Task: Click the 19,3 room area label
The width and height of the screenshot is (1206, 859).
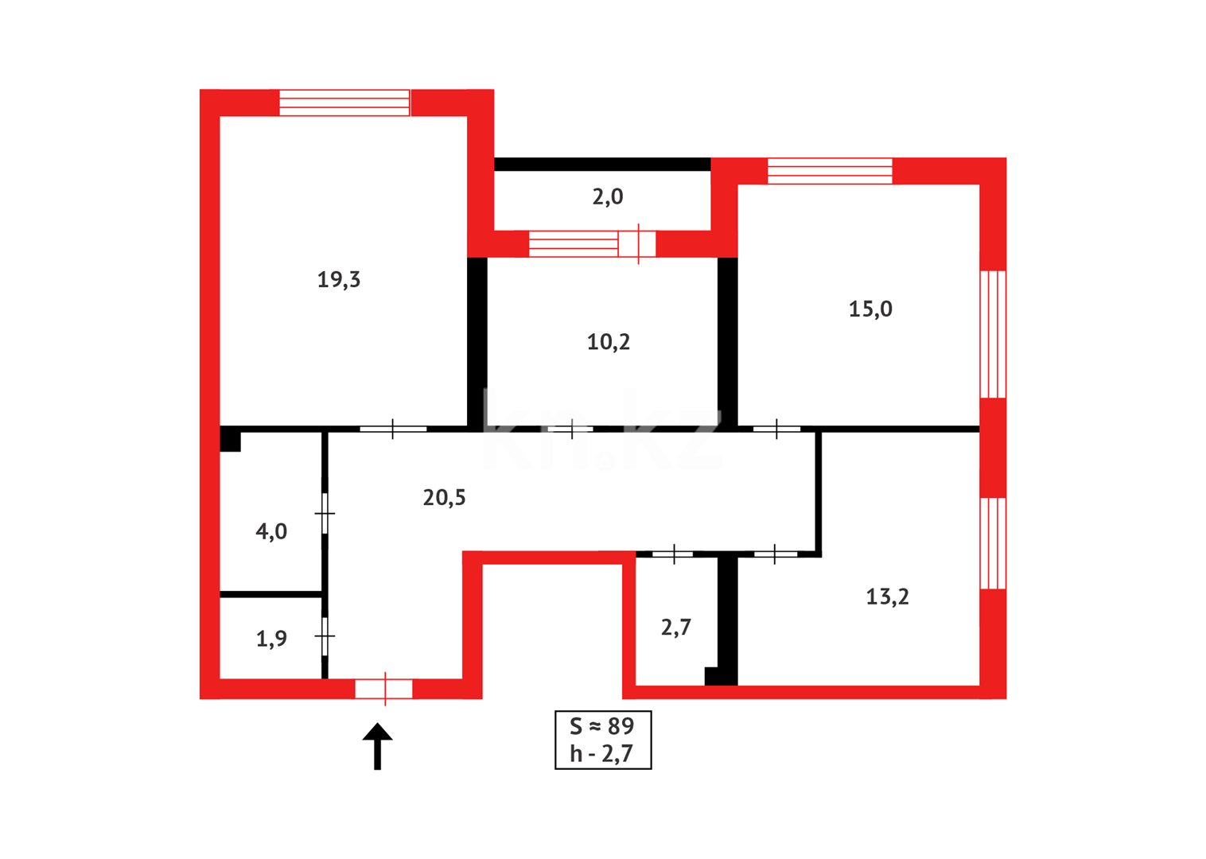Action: click(339, 280)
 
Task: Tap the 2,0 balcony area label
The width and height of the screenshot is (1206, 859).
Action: click(608, 197)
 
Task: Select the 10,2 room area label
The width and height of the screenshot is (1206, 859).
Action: click(609, 342)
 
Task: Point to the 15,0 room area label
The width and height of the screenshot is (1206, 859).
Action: click(870, 309)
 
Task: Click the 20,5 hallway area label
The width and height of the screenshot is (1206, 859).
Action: click(444, 498)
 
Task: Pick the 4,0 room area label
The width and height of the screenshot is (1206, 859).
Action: click(271, 532)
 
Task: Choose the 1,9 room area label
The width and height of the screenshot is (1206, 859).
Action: click(271, 639)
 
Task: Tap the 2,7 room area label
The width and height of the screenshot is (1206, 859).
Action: click(676, 628)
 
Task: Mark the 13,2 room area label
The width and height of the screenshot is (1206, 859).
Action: click(887, 597)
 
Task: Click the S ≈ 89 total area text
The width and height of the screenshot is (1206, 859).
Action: click(602, 726)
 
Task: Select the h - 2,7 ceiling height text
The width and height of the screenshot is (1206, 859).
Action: click(602, 754)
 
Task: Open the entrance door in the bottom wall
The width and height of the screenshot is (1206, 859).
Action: click(384, 689)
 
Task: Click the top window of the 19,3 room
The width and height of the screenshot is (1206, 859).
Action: click(344, 103)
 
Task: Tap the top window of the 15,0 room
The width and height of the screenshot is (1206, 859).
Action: click(830, 171)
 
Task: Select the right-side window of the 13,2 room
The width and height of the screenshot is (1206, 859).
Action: click(993, 543)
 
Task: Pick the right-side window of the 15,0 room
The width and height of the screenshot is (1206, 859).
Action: click(993, 334)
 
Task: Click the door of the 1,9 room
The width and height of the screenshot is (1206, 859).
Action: click(325, 636)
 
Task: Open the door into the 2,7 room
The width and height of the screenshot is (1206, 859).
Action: click(673, 554)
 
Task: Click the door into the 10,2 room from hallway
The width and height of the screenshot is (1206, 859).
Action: click(571, 429)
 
